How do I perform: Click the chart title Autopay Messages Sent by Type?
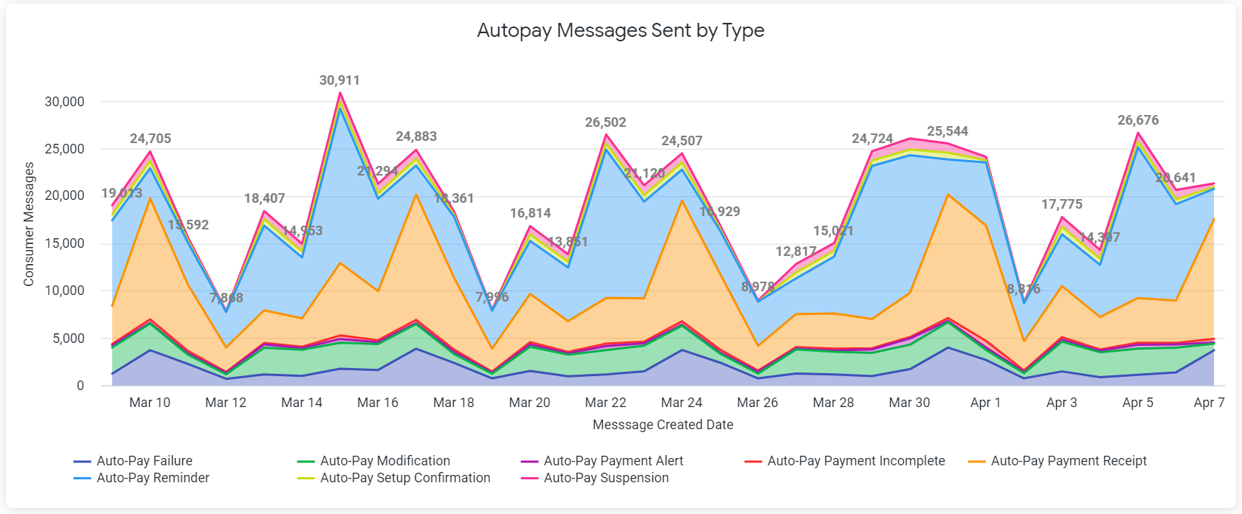coord(621,30)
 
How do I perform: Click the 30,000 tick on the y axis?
coord(65,102)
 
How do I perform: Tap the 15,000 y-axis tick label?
coord(65,243)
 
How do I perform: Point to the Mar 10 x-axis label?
coord(150,403)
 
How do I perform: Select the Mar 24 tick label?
coord(682,403)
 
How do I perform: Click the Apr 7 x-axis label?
coord(1209,403)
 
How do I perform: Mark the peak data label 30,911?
coord(339,80)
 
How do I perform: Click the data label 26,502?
coord(606,122)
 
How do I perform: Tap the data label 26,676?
coord(1138,120)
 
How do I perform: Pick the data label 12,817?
coord(796,251)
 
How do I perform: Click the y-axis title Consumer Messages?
coord(29,224)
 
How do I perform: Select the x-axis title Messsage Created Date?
coord(663,425)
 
